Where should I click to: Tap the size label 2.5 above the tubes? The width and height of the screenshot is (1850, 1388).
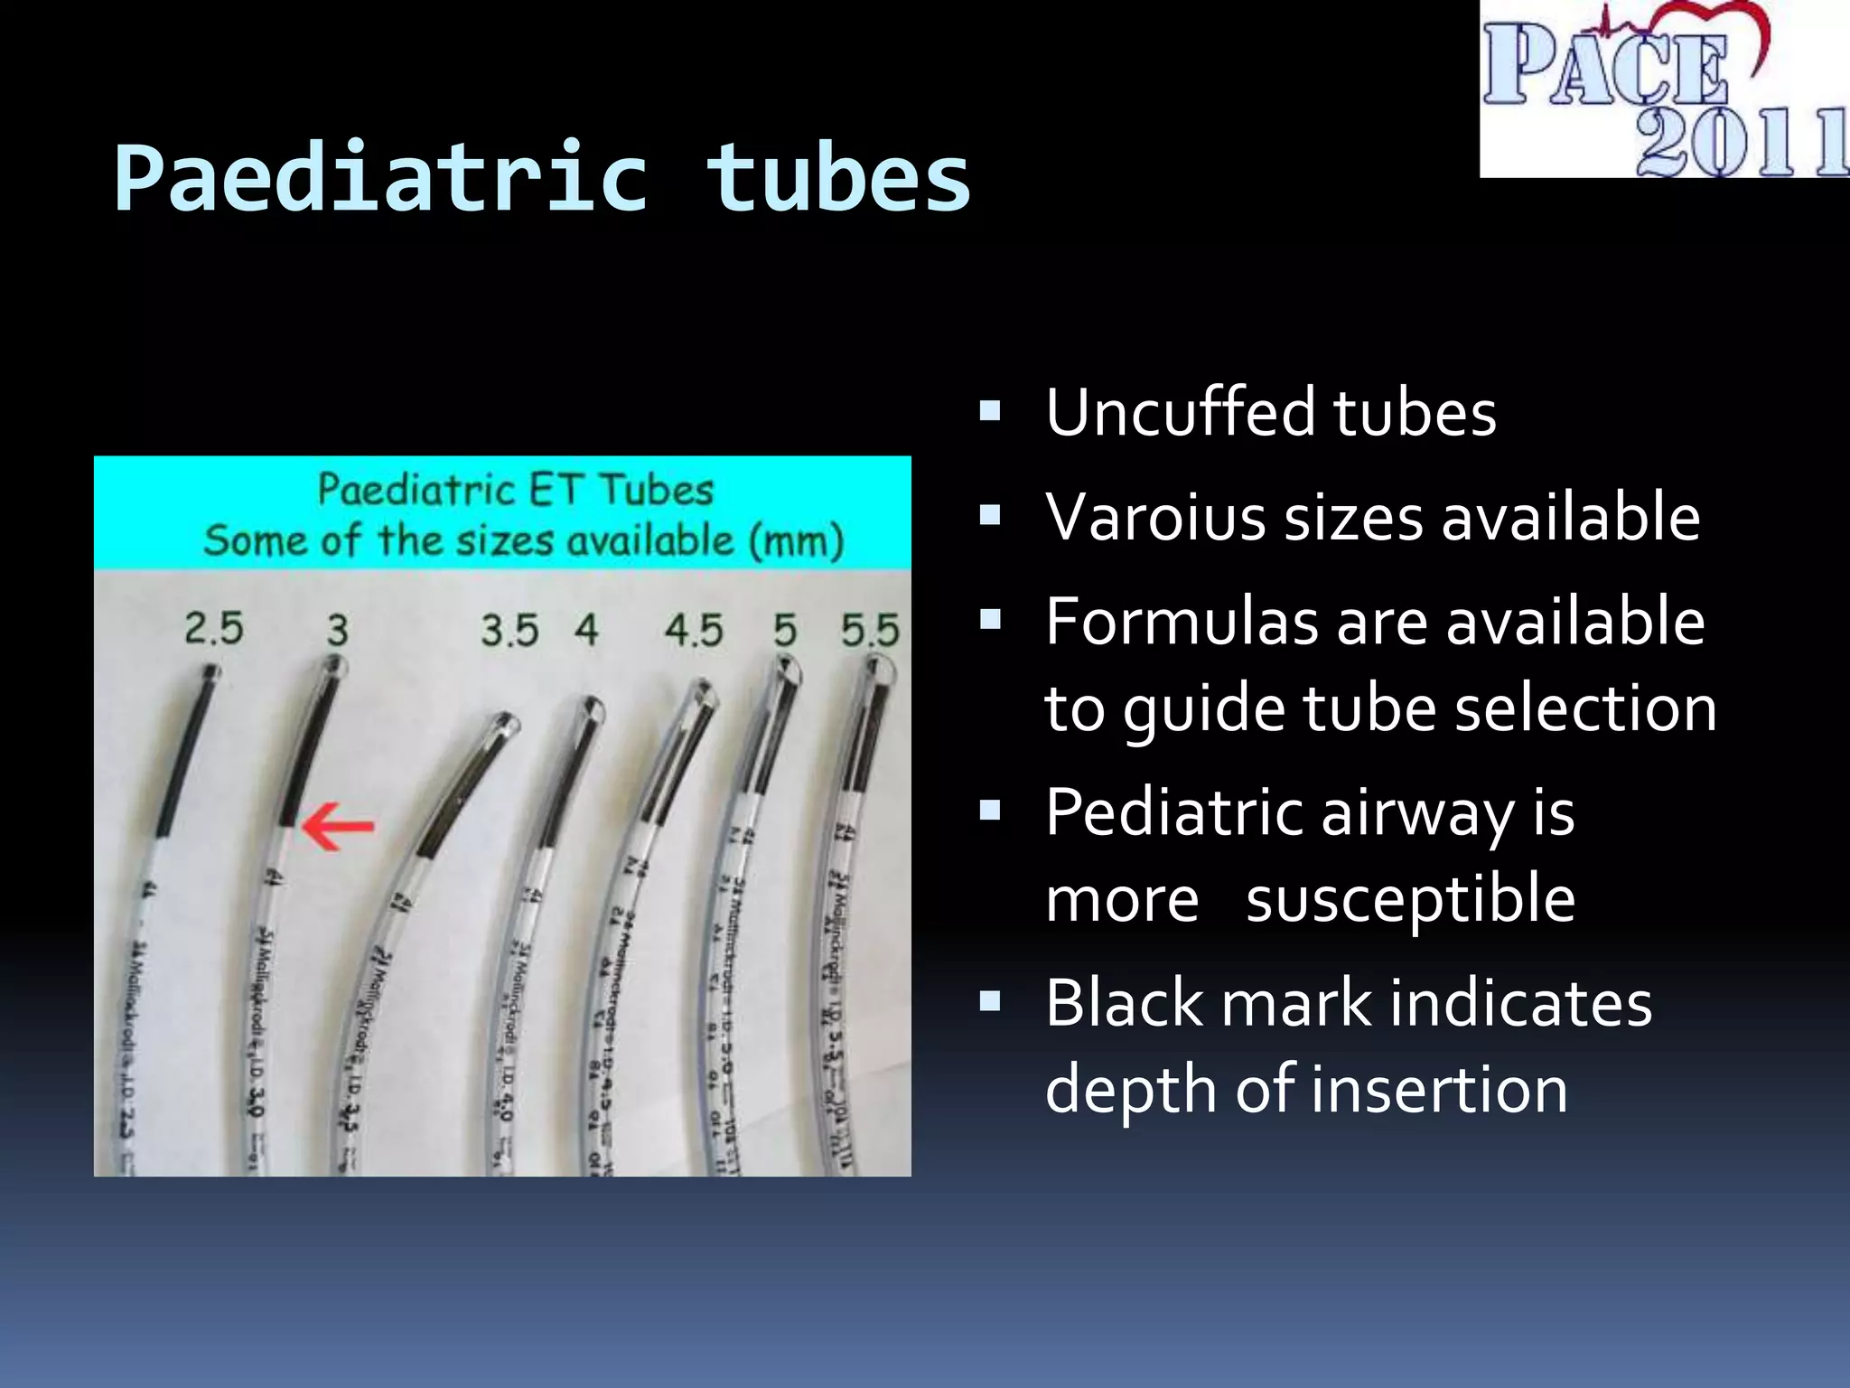coord(214,628)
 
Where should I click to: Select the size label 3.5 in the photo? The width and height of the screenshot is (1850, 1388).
coord(509,630)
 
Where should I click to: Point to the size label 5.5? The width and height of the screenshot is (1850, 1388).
coord(870,630)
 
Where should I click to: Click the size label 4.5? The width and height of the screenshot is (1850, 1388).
coord(694,630)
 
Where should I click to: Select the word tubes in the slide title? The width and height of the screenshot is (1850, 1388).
coord(838,179)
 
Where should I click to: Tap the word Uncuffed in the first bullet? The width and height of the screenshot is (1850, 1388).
coord(1180,412)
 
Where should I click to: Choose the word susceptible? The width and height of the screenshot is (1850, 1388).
coord(1410,900)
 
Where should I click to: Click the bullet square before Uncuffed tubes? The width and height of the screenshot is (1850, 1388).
coord(991,413)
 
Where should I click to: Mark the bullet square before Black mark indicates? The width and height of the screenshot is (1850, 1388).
coord(991,1001)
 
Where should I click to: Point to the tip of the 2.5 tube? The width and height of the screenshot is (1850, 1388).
coord(210,673)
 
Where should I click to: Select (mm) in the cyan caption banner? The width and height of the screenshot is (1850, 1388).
coord(796,541)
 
